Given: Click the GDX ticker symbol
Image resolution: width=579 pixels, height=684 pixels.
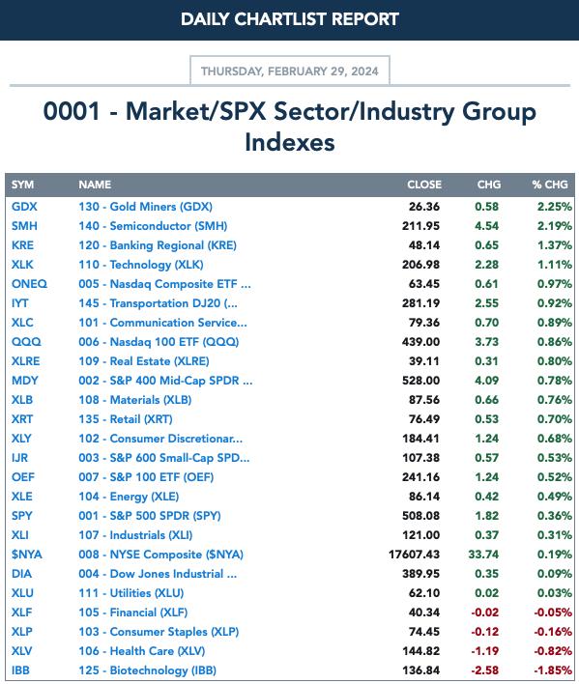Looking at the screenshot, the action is coord(24,207).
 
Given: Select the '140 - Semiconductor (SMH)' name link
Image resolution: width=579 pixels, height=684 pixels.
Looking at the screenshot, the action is coord(153,226).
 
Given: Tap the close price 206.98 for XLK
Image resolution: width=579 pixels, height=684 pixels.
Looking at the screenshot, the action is coord(420,265).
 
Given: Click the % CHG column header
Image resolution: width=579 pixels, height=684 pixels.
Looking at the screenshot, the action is coord(550,185).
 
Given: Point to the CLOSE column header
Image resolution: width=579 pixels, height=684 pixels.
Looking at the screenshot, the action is coord(424,185).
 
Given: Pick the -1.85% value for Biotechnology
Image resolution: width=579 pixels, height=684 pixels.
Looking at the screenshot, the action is coord(553,670).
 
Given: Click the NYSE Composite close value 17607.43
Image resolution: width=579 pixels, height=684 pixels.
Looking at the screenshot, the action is coord(414,554).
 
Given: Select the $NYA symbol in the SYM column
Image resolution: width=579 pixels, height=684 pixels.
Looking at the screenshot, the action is coord(27,554).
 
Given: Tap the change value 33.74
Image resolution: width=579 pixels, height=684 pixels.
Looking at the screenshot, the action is coord(483,554).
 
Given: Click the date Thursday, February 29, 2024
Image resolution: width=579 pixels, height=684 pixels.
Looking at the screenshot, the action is coord(290,71).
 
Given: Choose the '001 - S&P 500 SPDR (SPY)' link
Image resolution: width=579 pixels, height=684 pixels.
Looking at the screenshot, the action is coord(150,516).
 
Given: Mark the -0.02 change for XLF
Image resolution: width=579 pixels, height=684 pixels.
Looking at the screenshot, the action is coord(484,612).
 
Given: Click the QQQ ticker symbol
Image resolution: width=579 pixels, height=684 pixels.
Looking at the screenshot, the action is coord(26,342).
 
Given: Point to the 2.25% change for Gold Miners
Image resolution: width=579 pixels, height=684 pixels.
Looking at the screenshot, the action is coord(555,207).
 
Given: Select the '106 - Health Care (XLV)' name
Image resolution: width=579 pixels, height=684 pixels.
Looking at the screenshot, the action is coord(142,651).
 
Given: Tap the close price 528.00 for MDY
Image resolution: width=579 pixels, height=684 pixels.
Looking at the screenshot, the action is coord(420,381).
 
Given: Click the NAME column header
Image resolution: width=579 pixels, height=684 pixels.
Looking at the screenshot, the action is coord(95,185).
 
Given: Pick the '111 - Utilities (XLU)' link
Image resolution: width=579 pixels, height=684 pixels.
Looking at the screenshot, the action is coord(131,593).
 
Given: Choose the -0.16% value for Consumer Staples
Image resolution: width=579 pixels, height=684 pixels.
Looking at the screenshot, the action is coord(553,631).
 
